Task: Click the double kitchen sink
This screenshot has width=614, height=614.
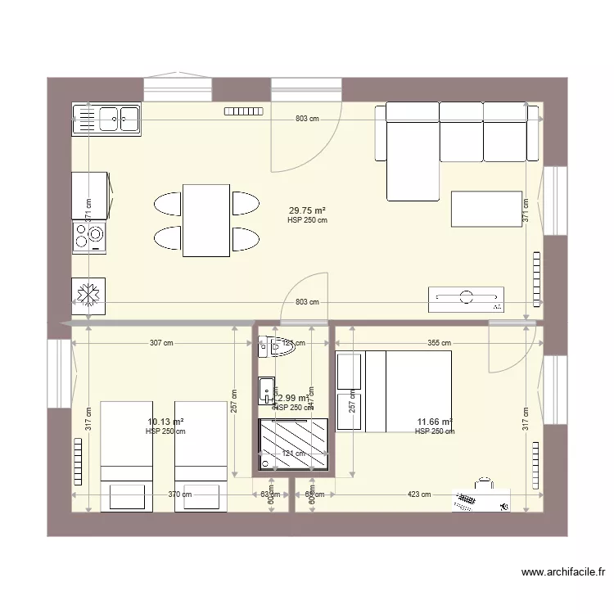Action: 107,120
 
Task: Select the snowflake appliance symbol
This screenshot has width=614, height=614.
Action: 88,296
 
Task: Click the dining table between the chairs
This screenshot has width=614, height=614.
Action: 205,220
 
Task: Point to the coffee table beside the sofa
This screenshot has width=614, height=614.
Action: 485,209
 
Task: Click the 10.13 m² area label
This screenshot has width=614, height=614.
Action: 165,422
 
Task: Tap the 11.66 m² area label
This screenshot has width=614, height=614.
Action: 434,422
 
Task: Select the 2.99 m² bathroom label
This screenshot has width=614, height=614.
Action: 293,399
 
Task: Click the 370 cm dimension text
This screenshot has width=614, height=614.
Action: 181,494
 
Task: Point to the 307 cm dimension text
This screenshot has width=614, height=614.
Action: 161,343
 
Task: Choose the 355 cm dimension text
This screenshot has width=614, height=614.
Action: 439,343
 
